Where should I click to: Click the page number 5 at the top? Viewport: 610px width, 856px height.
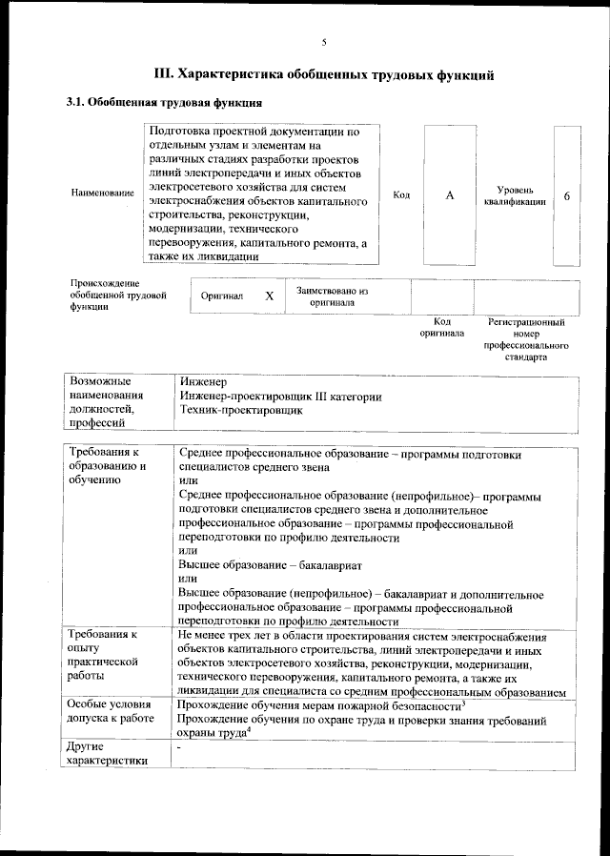pos(323,43)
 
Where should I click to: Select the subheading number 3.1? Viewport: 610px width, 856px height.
pos(74,102)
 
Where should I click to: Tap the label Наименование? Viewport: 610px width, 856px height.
pos(102,194)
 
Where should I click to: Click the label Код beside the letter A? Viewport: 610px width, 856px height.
pos(401,194)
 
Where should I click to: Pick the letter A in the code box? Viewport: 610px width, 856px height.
pos(450,194)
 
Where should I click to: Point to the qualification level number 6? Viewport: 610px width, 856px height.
pos(567,195)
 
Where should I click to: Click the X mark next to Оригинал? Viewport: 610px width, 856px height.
pos(270,296)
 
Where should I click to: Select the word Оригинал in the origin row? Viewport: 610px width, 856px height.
pos(222,297)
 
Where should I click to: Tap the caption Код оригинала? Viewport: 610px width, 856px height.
pos(441,328)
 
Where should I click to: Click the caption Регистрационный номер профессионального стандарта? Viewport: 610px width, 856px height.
pos(525,340)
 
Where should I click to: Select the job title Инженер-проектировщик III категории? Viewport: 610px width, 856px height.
pos(280,397)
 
